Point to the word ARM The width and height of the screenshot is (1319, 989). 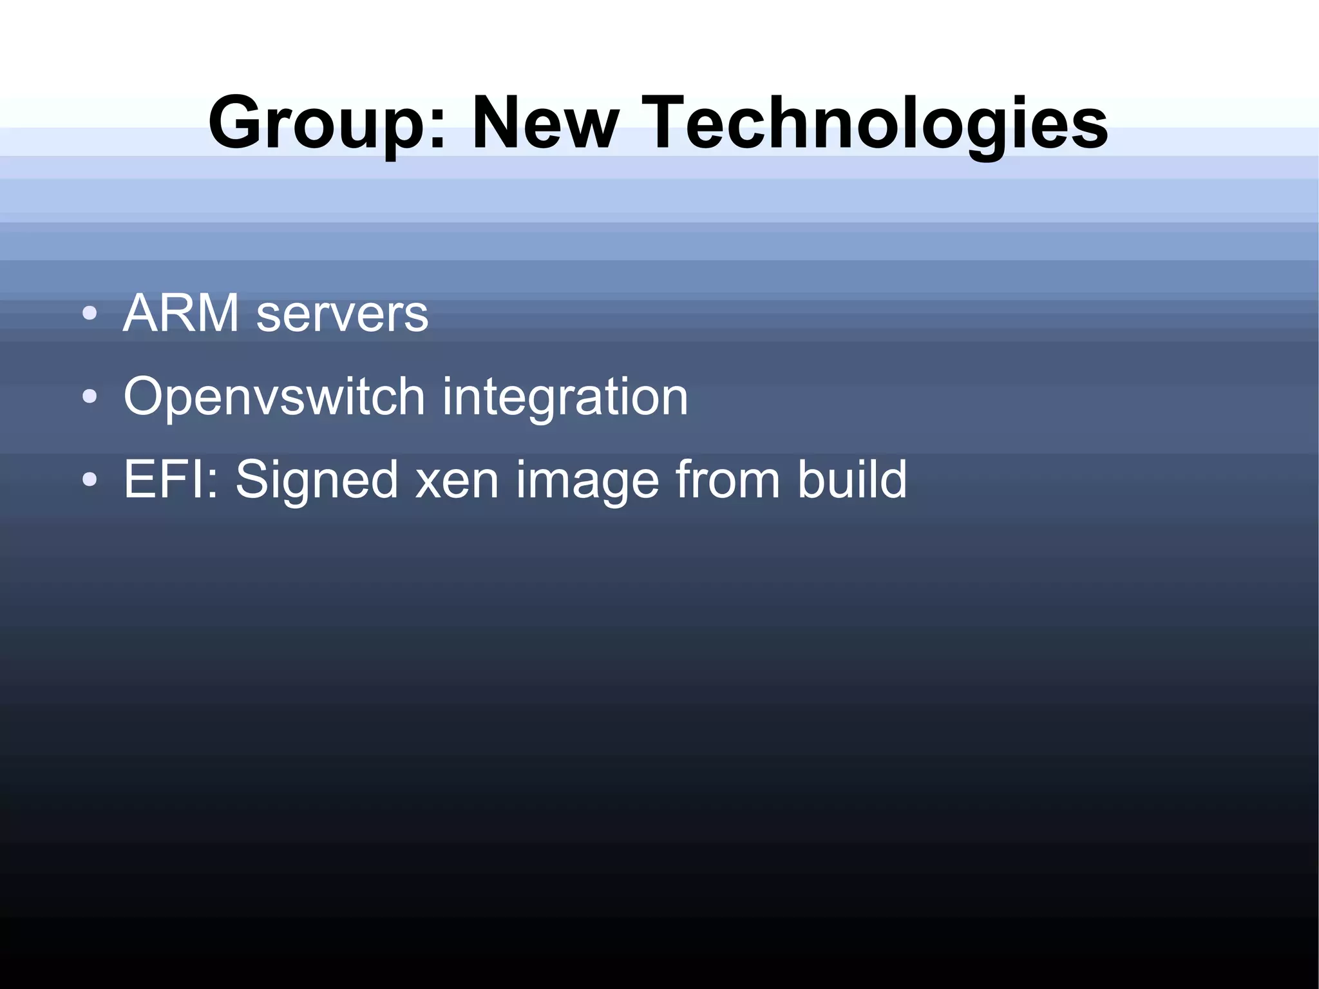tap(181, 313)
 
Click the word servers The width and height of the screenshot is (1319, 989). tap(342, 314)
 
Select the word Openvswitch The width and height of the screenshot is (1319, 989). tap(274, 398)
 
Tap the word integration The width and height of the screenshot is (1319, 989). tap(565, 398)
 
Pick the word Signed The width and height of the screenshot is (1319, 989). tap(316, 481)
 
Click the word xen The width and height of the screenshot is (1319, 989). tap(457, 480)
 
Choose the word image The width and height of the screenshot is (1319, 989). tap(587, 481)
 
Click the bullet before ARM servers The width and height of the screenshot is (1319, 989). tap(90, 314)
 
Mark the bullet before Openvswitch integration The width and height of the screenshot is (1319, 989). tap(90, 397)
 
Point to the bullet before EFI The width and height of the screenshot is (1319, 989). tap(90, 479)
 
